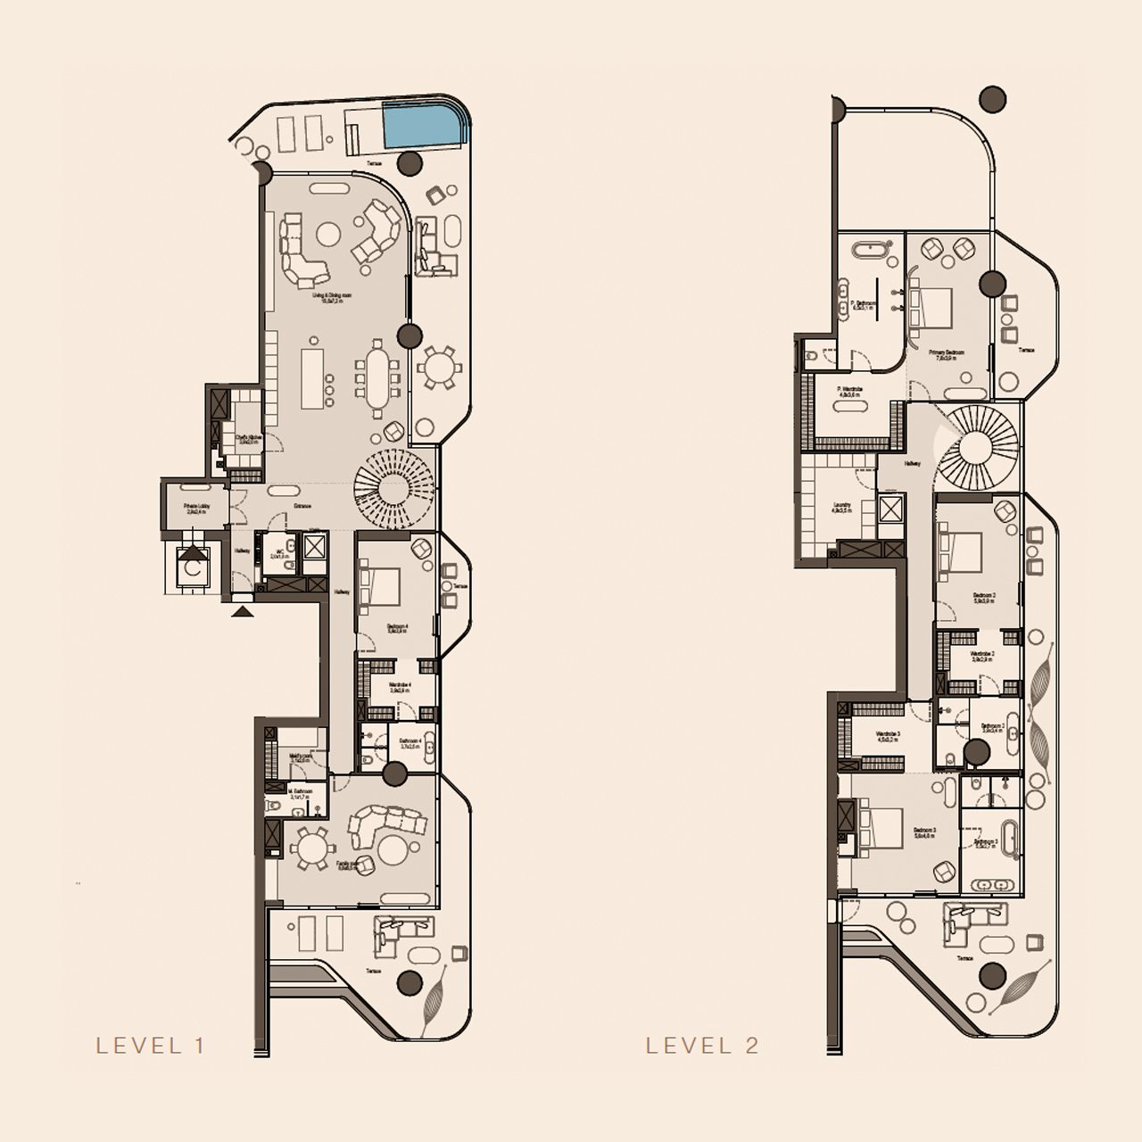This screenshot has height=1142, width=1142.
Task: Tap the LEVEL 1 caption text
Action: click(151, 1046)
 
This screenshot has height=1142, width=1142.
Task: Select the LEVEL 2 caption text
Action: click(702, 1046)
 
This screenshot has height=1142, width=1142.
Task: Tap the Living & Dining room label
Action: click(332, 298)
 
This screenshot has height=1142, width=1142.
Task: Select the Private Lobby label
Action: click(196, 509)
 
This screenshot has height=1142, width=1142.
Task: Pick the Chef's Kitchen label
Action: click(248, 439)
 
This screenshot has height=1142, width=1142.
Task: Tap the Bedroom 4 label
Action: click(397, 629)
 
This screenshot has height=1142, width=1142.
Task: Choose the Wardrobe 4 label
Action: click(399, 687)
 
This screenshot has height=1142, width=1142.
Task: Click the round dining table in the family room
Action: click(311, 848)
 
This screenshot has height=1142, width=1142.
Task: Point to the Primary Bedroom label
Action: click(946, 354)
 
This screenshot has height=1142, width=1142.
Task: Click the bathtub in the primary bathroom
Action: click(867, 249)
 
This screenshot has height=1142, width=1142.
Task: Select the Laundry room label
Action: click(841, 507)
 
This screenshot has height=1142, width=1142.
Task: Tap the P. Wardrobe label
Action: click(850, 391)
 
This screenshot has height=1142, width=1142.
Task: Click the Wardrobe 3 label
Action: click(888, 736)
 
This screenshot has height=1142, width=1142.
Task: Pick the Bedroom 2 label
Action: click(984, 597)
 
